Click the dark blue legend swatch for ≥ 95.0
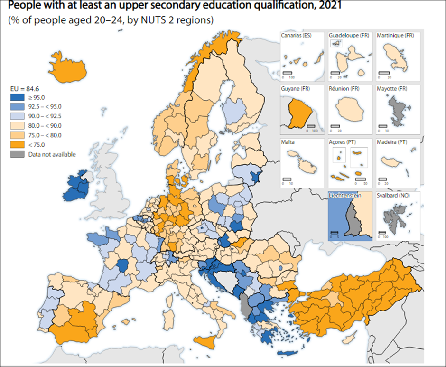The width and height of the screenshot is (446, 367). [x=19, y=97]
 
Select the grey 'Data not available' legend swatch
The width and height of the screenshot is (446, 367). [x=19, y=154]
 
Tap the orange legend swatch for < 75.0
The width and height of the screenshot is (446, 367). [x=19, y=144]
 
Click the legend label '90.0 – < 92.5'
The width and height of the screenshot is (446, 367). [x=45, y=116]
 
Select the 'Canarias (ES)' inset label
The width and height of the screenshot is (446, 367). [x=296, y=36]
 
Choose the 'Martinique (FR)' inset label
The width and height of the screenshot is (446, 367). [x=394, y=36]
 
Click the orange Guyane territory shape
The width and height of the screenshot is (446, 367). [x=300, y=113]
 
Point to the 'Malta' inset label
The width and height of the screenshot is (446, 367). [x=288, y=142]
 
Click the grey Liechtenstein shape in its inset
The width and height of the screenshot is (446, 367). [x=353, y=219]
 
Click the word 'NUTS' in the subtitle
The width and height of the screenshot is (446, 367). [x=140, y=21]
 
